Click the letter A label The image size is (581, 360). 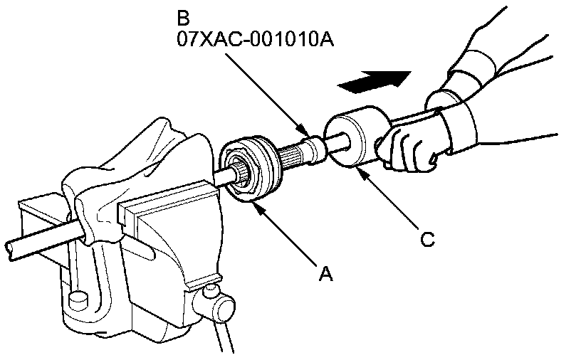click(325, 273)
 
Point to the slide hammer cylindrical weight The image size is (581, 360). click(354, 139)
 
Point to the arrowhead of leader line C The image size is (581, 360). click(360, 171)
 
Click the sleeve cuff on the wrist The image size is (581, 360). click(456, 128)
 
